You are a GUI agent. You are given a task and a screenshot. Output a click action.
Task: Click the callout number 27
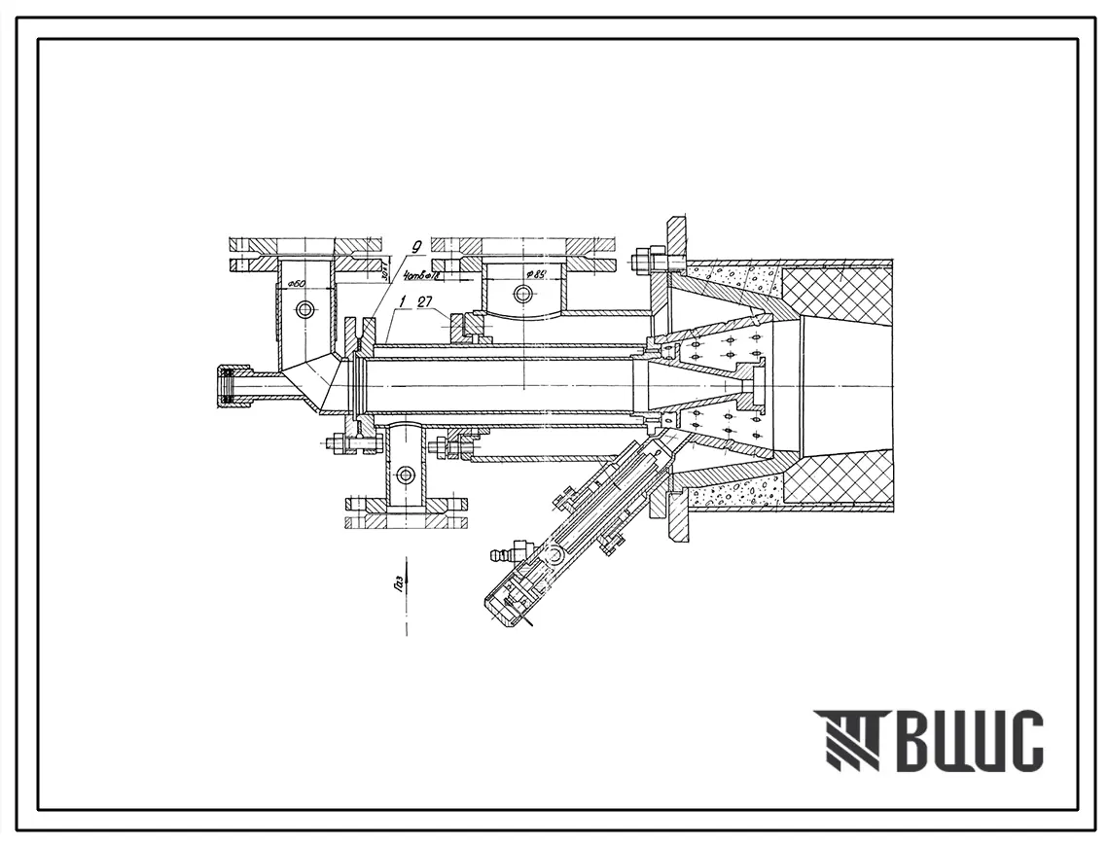pyautogui.click(x=425, y=303)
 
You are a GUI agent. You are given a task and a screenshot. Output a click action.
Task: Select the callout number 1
pyautogui.click(x=399, y=304)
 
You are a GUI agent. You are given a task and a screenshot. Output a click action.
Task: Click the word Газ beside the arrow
pyautogui.click(x=403, y=581)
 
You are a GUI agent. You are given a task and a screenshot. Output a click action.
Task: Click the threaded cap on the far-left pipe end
pyautogui.click(x=230, y=385)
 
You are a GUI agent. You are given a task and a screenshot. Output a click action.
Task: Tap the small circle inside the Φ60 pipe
pyautogui.click(x=306, y=309)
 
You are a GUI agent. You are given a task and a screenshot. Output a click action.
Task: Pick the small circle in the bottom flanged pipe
pyautogui.click(x=406, y=475)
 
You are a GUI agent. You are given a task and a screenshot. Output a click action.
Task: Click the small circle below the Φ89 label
pyautogui.click(x=523, y=293)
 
